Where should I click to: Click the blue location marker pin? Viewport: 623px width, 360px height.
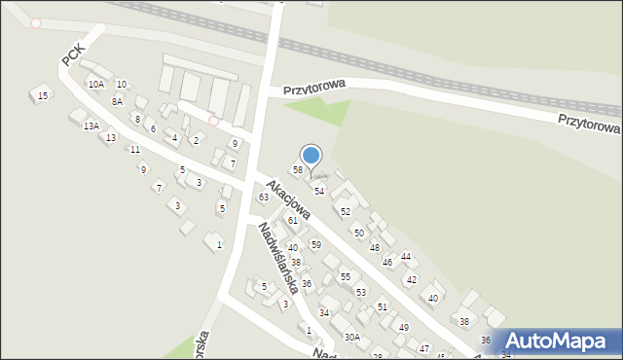tap(311, 156)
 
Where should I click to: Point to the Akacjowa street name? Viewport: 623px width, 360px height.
tap(288, 199)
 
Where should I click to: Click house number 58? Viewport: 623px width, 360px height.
tap(298, 170)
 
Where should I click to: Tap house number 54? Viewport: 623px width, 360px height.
tap(318, 191)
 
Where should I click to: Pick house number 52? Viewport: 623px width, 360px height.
tap(346, 211)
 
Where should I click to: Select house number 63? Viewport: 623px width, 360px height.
tap(263, 198)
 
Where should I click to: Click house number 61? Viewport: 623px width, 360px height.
tap(293, 221)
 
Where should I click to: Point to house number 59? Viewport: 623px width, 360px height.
tap(316, 244)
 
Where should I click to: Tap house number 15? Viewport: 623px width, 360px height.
tap(42, 95)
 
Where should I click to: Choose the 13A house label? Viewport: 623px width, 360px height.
tap(91, 126)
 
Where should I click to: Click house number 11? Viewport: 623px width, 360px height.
tap(134, 149)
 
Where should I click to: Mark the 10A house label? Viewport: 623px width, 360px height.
tap(95, 85)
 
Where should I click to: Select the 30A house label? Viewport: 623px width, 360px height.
tap(351, 337)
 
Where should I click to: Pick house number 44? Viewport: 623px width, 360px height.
tap(407, 256)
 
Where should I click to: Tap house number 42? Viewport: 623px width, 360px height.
tap(412, 279)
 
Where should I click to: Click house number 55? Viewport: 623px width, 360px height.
tap(346, 277)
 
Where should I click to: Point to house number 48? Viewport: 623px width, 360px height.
tap(375, 247)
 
